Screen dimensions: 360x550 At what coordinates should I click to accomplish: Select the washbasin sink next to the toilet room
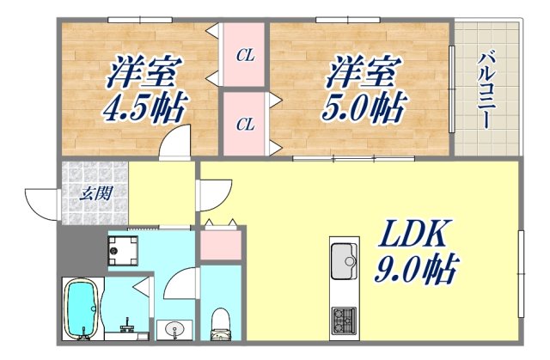(177, 330)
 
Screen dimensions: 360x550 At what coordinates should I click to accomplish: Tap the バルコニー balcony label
(486, 89)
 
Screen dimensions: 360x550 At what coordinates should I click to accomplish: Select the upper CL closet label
(245, 56)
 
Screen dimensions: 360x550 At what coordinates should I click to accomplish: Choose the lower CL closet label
(245, 124)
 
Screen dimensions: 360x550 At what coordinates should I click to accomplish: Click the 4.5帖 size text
(148, 109)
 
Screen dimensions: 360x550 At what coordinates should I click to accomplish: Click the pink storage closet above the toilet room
(222, 245)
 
